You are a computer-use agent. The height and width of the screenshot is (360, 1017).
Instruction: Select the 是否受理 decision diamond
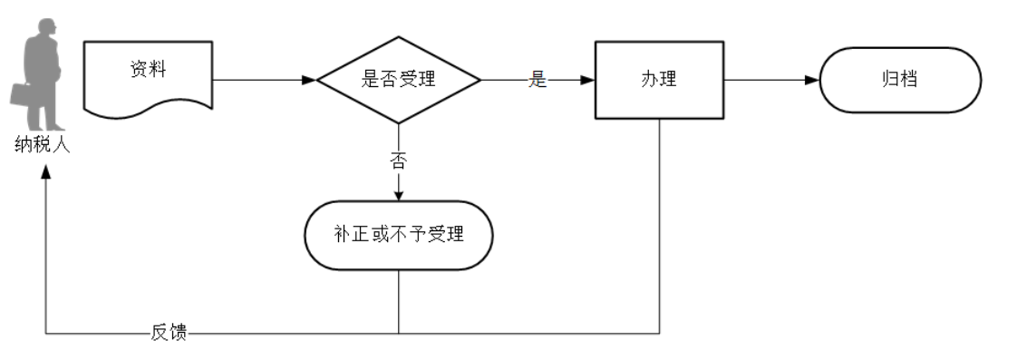pos(398,80)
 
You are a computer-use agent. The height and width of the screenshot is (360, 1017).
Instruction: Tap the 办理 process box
pos(658,80)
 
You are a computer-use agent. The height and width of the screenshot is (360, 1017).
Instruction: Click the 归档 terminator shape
pos(899,80)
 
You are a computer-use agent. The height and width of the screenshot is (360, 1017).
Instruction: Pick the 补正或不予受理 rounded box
pos(398,235)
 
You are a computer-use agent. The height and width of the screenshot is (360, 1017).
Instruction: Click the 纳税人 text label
pos(42,144)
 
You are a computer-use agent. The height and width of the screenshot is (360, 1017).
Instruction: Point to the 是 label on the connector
pos(538,80)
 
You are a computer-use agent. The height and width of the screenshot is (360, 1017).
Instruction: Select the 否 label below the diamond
pos(398,161)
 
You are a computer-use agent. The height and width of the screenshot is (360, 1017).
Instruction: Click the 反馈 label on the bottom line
pos(169,333)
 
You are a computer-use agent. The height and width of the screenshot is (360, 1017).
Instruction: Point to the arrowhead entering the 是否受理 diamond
pos(309,80)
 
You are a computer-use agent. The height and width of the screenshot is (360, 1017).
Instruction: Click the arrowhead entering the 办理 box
pos(588,80)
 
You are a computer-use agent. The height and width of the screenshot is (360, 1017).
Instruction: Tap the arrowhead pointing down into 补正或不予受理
pos(398,195)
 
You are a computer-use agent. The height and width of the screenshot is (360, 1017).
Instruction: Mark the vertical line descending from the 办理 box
pos(659,227)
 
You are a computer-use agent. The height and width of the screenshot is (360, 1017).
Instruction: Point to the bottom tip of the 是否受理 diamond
pos(398,123)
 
